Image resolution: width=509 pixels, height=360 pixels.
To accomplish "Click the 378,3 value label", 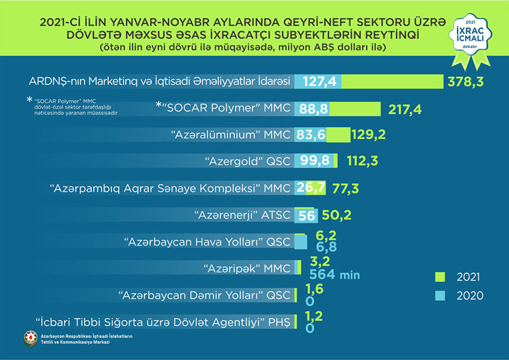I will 470,82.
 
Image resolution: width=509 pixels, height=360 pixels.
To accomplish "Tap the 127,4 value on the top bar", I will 320,82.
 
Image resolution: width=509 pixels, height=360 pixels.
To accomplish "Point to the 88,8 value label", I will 312,109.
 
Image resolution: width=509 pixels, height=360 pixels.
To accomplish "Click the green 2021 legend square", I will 438,277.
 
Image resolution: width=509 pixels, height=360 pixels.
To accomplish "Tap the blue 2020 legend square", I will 438,295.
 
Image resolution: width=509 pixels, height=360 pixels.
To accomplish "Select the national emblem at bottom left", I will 29,340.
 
